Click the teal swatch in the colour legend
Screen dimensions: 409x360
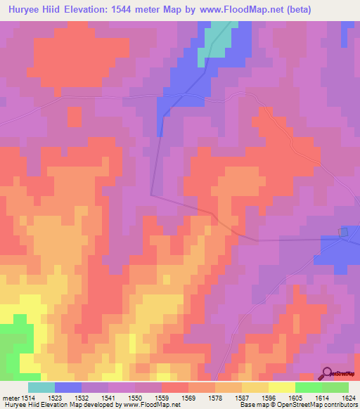(41, 387)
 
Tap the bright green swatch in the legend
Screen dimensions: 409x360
(309, 387)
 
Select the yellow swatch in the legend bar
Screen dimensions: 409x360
(282, 387)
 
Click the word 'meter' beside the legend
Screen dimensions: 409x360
(10, 397)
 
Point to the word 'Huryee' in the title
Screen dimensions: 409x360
(21, 10)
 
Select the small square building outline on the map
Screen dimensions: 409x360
(343, 232)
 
